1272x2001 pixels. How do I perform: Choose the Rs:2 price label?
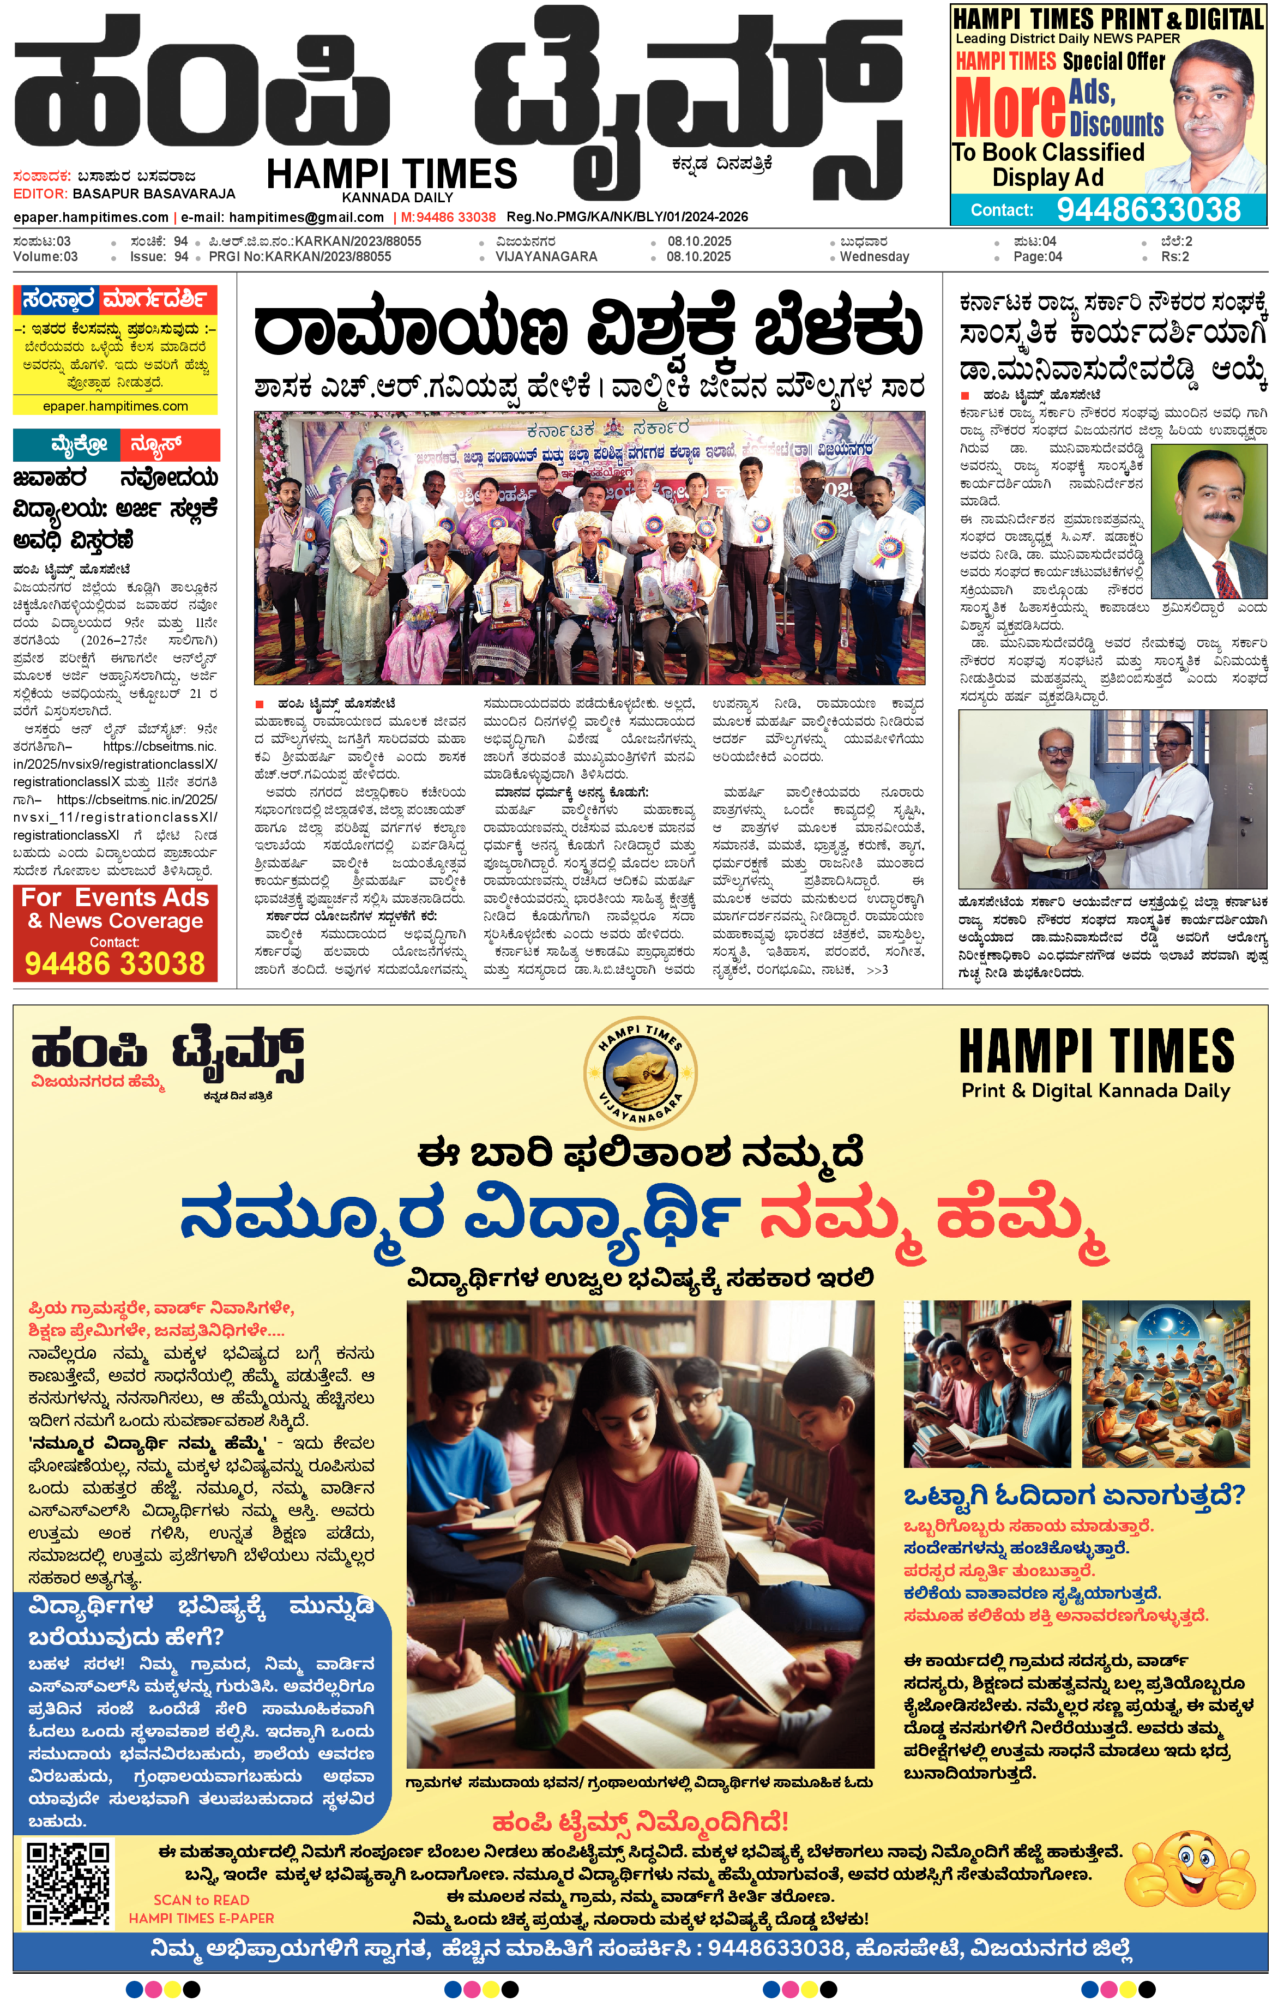(x=1175, y=257)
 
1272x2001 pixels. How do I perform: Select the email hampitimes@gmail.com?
(x=306, y=217)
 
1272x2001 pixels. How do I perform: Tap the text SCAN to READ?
(x=201, y=1900)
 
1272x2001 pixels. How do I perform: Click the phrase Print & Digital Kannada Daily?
(x=1095, y=1090)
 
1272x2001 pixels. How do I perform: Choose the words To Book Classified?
(x=1048, y=152)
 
